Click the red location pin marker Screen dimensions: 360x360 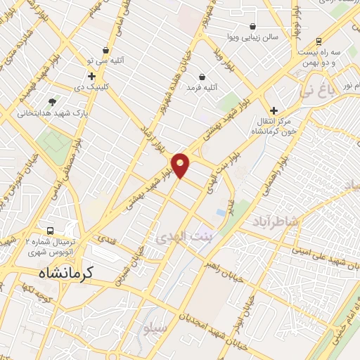[x=181, y=165]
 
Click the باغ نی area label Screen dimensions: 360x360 [x=318, y=90]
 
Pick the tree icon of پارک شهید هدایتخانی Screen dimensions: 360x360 [x=53, y=101]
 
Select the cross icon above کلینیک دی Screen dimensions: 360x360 [x=91, y=76]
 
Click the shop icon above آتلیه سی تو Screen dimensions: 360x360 [x=105, y=50]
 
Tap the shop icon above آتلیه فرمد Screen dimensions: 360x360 [x=202, y=77]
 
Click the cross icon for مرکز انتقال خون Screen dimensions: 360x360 [x=274, y=110]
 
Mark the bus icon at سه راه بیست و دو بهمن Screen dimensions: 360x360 [x=319, y=41]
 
